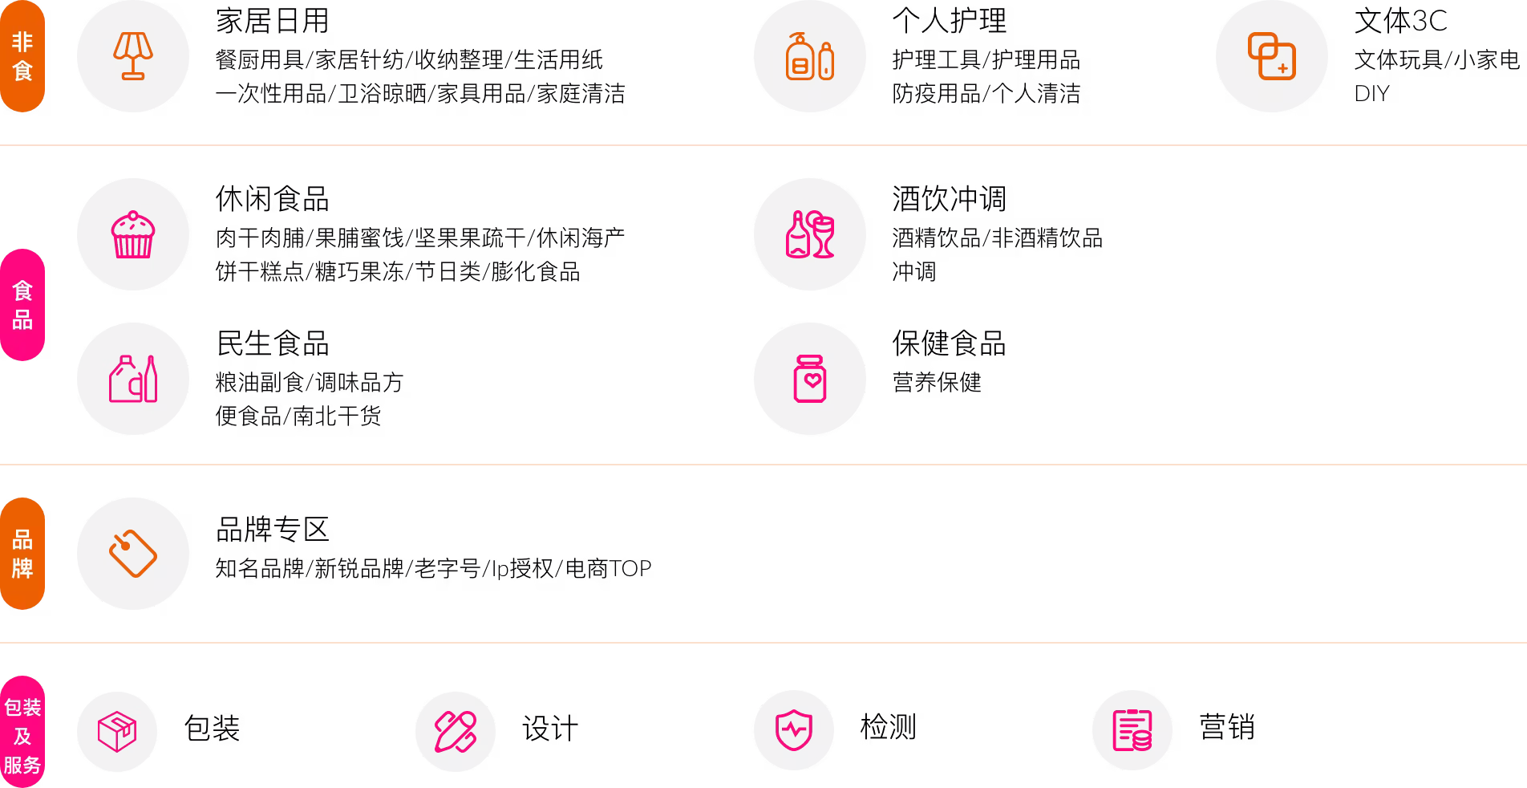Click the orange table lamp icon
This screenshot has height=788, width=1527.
pyautogui.click(x=133, y=56)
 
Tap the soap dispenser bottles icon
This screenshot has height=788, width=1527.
pyautogui.click(x=809, y=56)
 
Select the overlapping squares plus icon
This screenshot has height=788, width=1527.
pyautogui.click(x=1271, y=56)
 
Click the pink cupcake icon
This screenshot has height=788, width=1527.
pyautogui.click(x=133, y=234)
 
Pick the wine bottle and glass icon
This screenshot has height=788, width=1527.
pyautogui.click(x=809, y=234)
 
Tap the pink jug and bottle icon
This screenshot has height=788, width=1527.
pyautogui.click(x=133, y=379)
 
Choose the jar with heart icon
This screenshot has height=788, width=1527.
pyautogui.click(x=809, y=379)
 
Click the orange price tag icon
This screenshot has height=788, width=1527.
pyautogui.click(x=133, y=554)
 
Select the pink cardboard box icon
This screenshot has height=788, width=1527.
pyautogui.click(x=117, y=731)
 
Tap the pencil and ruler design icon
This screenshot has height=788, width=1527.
pyautogui.click(x=456, y=731)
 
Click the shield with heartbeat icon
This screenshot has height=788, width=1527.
pyautogui.click(x=794, y=730)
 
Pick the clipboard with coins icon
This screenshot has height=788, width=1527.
pyautogui.click(x=1132, y=730)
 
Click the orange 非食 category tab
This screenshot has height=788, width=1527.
pyautogui.click(x=22, y=56)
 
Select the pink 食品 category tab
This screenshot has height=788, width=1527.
pyautogui.click(x=22, y=305)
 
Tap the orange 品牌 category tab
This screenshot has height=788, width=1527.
pyautogui.click(x=22, y=554)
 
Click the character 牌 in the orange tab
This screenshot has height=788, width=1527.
pyautogui.click(x=22, y=568)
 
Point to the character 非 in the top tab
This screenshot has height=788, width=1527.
pyautogui.click(x=22, y=42)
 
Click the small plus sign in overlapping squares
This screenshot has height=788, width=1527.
pyautogui.click(x=1282, y=69)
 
